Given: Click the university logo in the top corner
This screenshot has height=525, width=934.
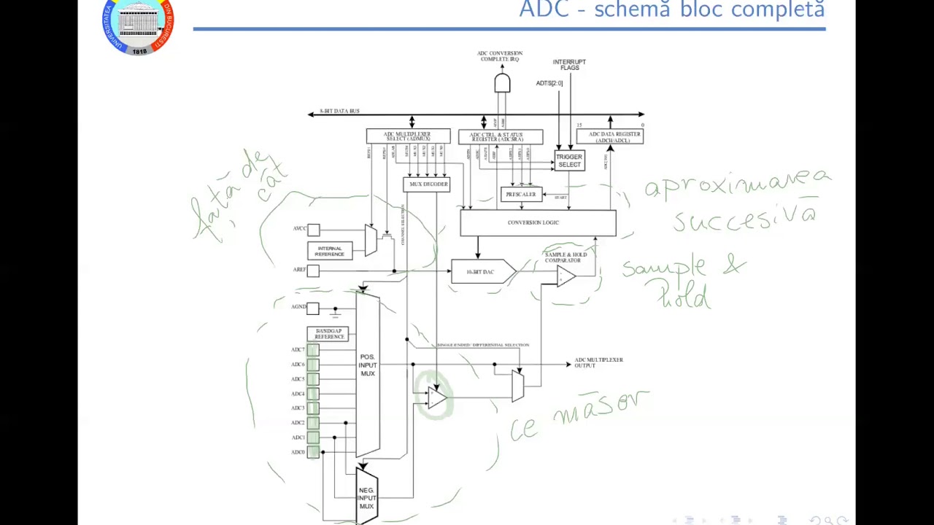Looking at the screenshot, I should pos(138,27).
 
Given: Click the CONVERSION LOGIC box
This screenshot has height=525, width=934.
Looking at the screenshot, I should pos(538,222).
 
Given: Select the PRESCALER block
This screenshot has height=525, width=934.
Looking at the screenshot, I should pos(521,195).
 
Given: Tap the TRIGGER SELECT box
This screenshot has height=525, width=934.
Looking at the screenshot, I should pos(569,161).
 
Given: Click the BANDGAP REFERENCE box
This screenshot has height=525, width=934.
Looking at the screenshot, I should pos(328,334).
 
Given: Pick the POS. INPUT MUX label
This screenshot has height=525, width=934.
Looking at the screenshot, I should pos(367,365).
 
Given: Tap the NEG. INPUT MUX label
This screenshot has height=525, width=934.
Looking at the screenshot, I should pos(366,498).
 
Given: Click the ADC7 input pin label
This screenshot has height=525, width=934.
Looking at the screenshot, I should pos(298,350).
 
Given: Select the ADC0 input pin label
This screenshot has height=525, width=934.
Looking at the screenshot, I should pos(298,452).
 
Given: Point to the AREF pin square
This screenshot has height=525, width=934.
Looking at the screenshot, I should pos(313,271).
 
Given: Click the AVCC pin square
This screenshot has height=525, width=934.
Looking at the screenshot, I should pos(313,230).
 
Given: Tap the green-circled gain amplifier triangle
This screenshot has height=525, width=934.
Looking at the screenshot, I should pos(436,398).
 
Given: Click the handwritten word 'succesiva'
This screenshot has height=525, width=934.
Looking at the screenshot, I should pos(744,218).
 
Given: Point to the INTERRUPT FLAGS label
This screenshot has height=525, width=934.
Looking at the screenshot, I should pos(569,65).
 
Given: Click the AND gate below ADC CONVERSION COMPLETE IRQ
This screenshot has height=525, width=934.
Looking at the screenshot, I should pos(502,83).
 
